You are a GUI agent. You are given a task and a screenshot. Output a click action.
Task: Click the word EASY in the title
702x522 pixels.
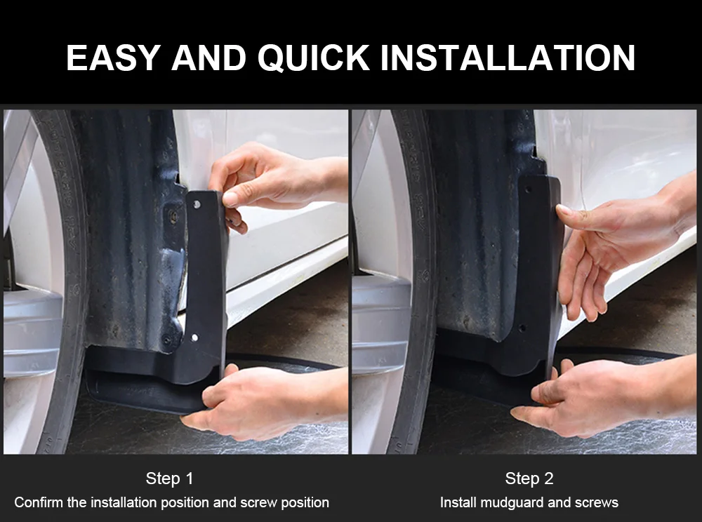(113, 58)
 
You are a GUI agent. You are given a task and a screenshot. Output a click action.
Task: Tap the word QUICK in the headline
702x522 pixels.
(313, 58)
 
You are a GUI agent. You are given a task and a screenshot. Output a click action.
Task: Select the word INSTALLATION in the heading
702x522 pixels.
(508, 58)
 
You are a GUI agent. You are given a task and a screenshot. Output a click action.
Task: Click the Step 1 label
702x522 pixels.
(169, 479)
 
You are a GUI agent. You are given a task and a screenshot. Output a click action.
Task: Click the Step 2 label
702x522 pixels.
(529, 479)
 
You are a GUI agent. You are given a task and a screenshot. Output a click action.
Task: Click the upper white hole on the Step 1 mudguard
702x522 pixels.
(197, 205)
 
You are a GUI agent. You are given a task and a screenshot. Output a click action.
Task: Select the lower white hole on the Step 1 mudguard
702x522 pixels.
(194, 337)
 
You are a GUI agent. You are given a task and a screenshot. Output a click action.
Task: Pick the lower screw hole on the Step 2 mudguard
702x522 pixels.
(522, 328)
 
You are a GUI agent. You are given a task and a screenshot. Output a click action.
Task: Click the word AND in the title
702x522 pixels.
(209, 58)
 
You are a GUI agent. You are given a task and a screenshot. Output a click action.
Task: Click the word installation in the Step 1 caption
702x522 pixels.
(124, 502)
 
